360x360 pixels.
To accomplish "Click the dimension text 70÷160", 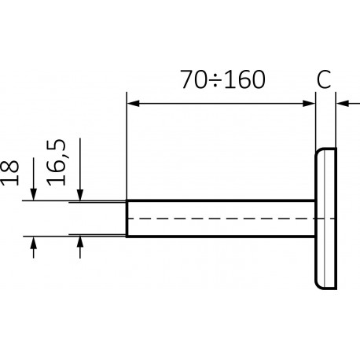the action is (x=222, y=79).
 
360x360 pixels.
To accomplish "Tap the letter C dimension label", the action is (x=324, y=79).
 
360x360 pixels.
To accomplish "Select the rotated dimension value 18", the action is (x=10, y=173).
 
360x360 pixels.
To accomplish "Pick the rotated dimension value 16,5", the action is (x=56, y=163).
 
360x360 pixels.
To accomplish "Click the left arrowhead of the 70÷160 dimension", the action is (x=133, y=104).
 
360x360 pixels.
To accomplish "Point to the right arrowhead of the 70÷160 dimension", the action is (x=309, y=104).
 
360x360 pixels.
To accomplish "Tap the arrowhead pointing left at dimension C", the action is (x=343, y=104).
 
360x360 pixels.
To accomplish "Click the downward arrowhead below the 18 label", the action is (x=34, y=194).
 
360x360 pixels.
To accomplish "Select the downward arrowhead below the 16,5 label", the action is (x=80, y=195).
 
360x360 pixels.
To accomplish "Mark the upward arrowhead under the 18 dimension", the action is (x=33, y=243).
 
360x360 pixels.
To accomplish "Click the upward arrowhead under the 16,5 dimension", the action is (x=80, y=242).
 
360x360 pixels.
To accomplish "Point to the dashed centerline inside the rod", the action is (x=230, y=219).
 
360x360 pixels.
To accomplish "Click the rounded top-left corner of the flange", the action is (x=318, y=151).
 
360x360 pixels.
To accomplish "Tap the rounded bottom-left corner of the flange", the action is (x=318, y=286).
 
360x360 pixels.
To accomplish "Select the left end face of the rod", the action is (x=127, y=219).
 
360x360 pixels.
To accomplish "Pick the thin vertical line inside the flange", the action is (x=325, y=219).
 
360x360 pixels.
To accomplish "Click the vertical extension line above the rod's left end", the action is (x=127, y=145).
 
